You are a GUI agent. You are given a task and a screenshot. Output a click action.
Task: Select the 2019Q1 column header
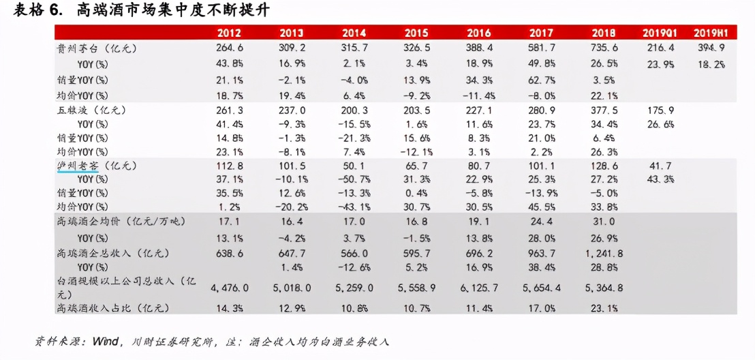pyautogui.click(x=658, y=33)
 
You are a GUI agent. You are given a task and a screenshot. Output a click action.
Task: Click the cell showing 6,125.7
pyautogui.click(x=478, y=288)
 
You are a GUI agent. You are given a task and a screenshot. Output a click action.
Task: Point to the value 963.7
pyautogui.click(x=541, y=254)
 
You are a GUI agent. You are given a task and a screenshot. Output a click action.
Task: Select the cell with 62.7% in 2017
pyautogui.click(x=541, y=80)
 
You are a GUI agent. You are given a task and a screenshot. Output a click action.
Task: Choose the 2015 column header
pyautogui.click(x=416, y=33)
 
